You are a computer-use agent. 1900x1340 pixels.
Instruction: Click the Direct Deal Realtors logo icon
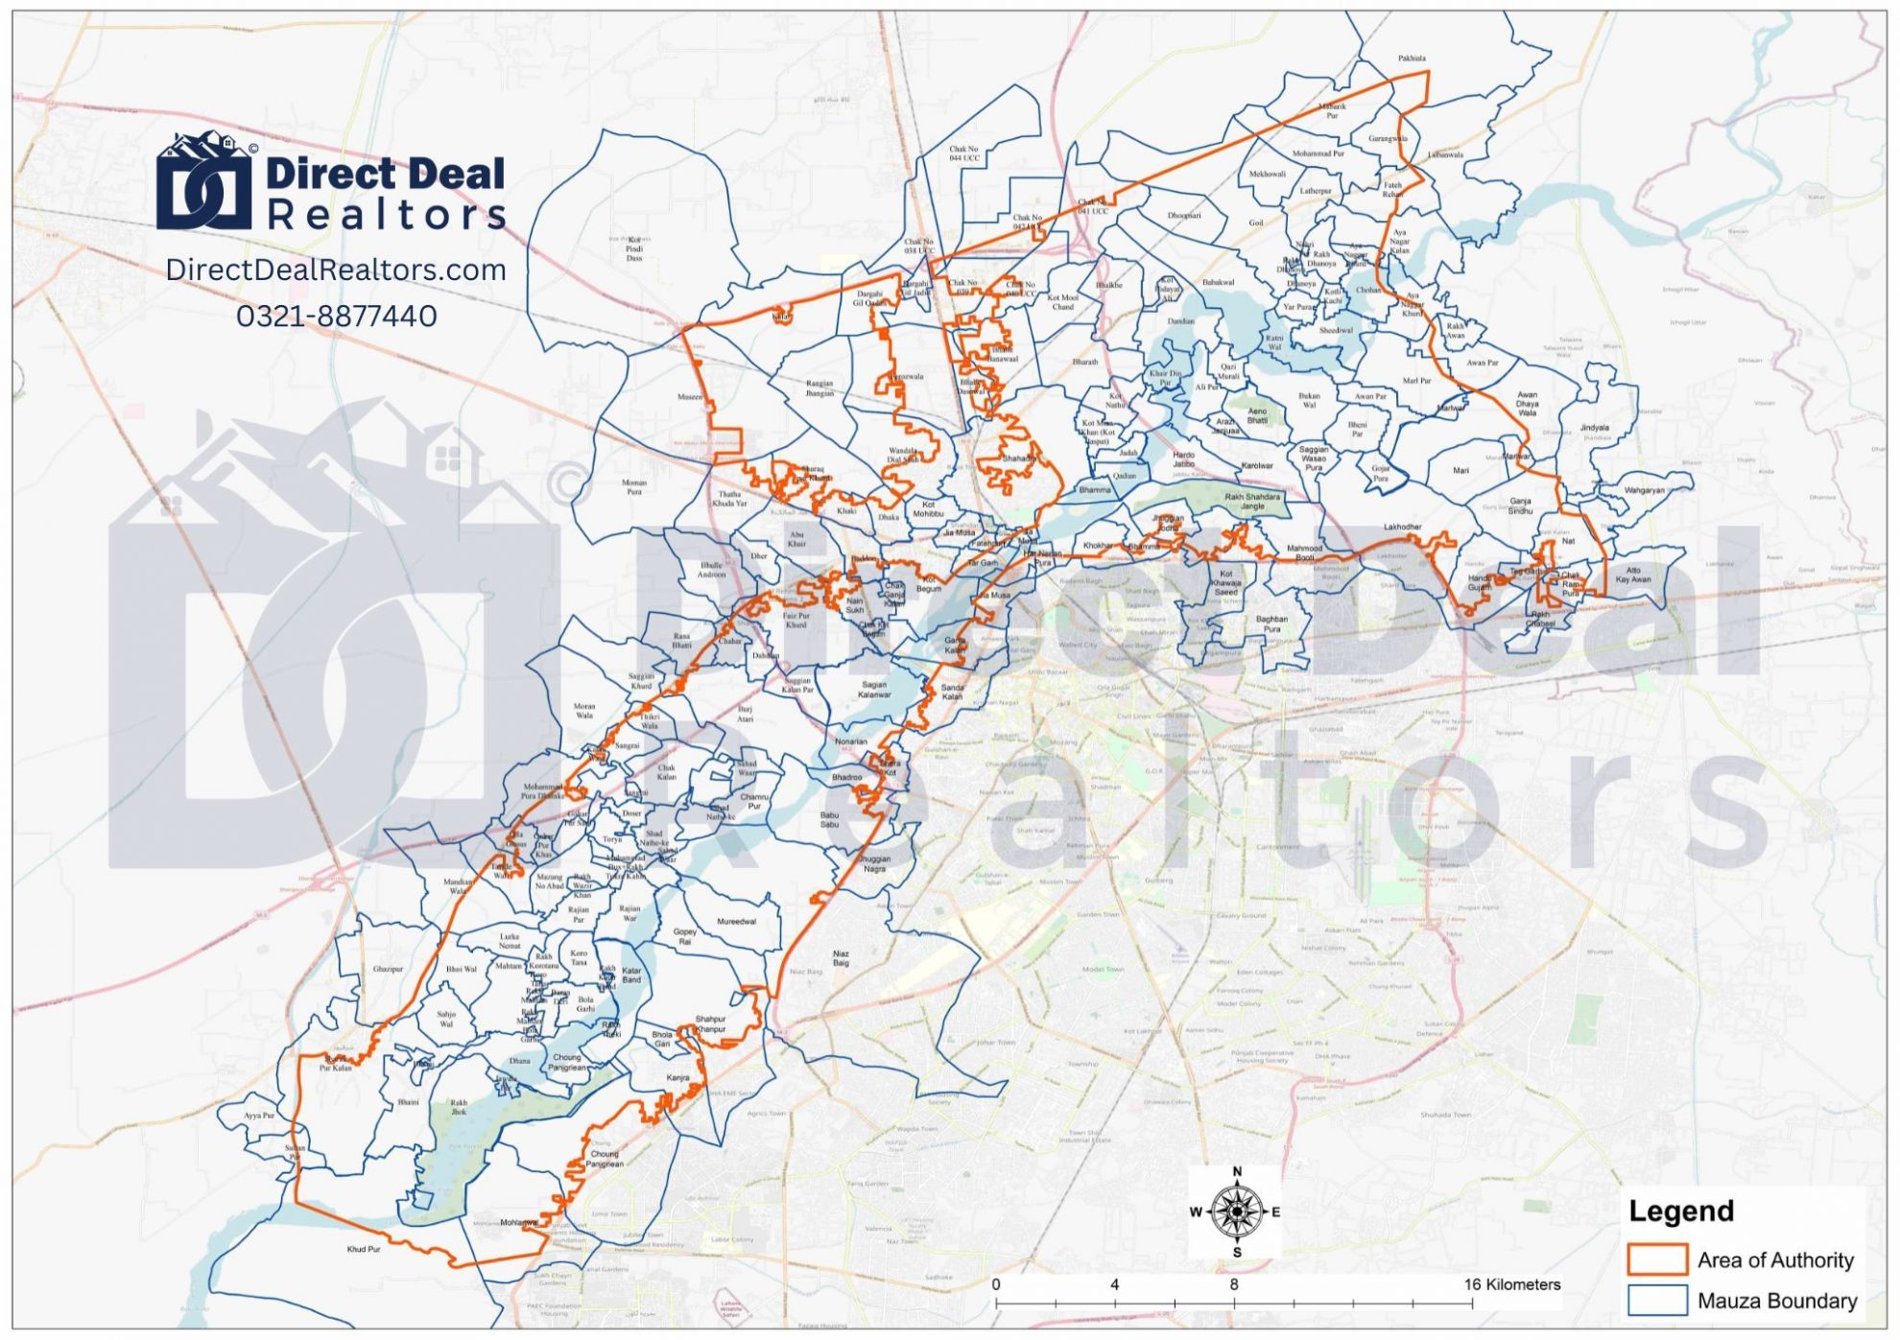coord(204,181)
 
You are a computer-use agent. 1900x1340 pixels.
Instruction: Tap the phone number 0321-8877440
coord(336,316)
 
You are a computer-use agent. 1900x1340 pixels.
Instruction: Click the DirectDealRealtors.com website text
coord(336,270)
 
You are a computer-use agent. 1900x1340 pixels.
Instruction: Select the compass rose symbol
coord(1236,1211)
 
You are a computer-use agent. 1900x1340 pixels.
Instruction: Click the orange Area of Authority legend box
coord(1657,1259)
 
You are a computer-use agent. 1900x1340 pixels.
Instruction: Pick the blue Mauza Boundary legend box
coord(1657,1301)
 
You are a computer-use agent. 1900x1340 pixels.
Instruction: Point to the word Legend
coord(1681,1211)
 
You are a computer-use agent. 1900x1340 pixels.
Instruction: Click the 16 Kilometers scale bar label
coord(1511,1284)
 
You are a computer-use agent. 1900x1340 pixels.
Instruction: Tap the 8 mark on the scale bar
coord(1233,1284)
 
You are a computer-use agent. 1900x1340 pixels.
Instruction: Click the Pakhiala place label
coord(1412,59)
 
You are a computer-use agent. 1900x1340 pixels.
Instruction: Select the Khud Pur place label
coord(364,1250)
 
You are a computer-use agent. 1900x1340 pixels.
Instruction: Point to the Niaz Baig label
coord(841,958)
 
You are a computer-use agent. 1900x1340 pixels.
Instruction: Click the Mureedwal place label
coord(736,922)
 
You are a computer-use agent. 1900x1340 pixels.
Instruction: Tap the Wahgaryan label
coord(1645,490)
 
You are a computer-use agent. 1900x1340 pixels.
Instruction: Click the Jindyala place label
coord(1595,428)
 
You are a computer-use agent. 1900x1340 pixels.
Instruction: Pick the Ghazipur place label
coord(388,970)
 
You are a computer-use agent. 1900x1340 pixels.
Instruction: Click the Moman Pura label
coord(634,487)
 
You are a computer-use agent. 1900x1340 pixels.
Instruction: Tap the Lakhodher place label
coord(1402,528)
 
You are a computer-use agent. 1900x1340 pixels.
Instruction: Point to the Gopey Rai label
coord(684,936)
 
